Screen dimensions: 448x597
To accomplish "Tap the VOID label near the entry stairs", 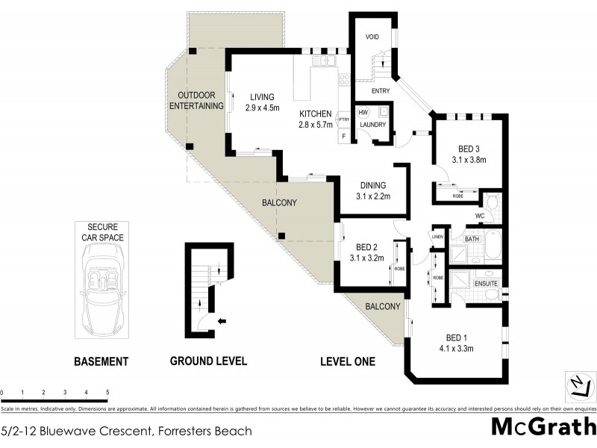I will (x=372, y=37).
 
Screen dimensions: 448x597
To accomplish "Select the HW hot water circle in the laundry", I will (x=363, y=112).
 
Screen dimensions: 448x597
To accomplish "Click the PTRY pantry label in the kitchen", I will (x=344, y=119).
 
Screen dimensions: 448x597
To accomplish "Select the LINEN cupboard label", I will (x=437, y=237).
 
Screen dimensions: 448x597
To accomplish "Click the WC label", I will (x=481, y=217).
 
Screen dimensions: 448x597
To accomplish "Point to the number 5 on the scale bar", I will (x=107, y=392).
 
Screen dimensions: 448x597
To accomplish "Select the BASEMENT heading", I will (x=101, y=361).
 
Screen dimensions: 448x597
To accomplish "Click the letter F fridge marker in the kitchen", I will (x=343, y=136).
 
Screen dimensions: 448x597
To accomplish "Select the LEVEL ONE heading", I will (x=347, y=361).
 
